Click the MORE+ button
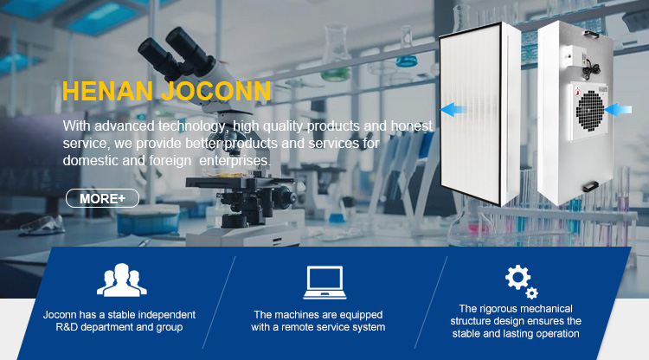(102, 198)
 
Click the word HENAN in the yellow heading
(107, 92)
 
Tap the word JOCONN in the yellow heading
(216, 92)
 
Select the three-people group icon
(122, 280)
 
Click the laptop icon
(324, 282)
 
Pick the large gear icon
(517, 277)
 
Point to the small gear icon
(532, 293)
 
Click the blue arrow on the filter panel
(453, 110)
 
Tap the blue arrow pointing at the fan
(618, 110)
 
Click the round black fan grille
(590, 111)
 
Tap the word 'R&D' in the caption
(67, 327)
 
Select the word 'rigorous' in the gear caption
(498, 309)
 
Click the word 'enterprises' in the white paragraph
(235, 160)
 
